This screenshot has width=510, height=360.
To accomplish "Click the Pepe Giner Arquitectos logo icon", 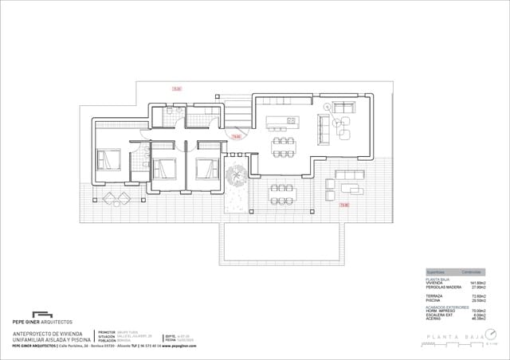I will pos(41,314).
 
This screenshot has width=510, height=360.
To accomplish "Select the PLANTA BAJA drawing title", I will pos(455,338).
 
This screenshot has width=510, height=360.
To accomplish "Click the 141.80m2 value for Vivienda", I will pos(477,283).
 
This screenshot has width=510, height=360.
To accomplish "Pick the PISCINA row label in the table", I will pos(434,300).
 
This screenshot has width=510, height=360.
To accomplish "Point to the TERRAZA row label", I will pos(435,296).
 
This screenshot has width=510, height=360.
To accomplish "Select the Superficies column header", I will pos(437,272).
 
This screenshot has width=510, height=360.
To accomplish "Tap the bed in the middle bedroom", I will pos(164,168).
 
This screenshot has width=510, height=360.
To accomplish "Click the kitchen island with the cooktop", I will pos(282,121).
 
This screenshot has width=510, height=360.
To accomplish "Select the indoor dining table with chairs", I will pos(283,145).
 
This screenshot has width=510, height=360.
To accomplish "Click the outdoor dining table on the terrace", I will pos(282,188).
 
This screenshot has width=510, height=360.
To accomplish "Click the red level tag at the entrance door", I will pos(236,137).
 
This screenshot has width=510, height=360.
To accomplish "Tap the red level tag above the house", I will pos(177,88).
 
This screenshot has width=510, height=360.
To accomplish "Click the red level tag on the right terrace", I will pos(344,205).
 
